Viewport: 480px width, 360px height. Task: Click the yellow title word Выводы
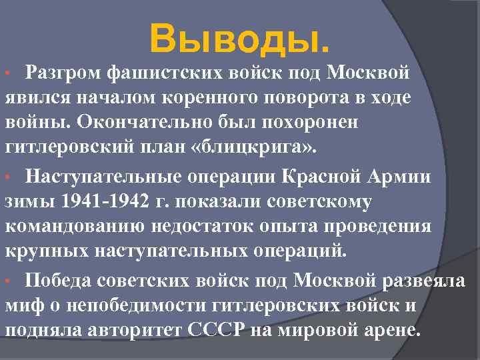tap(239, 40)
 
